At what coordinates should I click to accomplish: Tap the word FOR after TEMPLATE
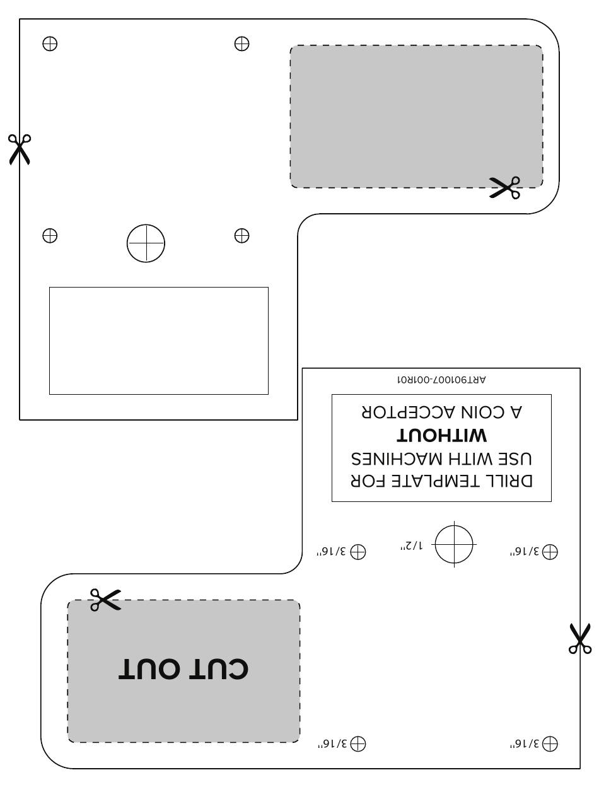[x=372, y=481]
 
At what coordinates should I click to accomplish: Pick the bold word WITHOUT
[x=441, y=436]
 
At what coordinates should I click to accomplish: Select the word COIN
[x=484, y=412]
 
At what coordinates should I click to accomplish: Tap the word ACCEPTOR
[x=404, y=412]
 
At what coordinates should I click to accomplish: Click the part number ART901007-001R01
[x=441, y=380]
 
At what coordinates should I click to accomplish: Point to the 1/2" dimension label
[x=410, y=545]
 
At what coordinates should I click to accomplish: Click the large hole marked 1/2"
[x=454, y=544]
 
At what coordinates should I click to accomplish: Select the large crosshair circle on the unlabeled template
[x=146, y=243]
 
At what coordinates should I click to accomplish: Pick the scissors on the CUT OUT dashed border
[x=105, y=600]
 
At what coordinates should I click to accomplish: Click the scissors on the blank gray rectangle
[x=505, y=187]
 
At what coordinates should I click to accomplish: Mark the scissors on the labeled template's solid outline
[x=579, y=638]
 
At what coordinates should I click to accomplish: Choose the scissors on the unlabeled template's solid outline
[x=20, y=149]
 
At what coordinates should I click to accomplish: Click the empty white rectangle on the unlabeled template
[x=159, y=341]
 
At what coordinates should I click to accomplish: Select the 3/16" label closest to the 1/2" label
[x=332, y=552]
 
